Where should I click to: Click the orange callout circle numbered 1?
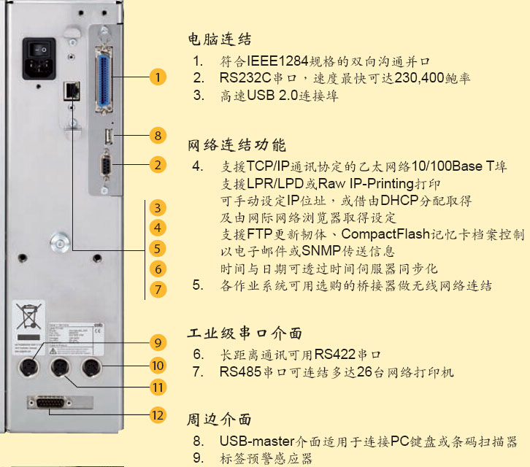pyautogui.click(x=158, y=76)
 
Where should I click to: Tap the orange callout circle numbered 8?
pyautogui.click(x=158, y=135)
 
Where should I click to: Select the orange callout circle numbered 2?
pyautogui.click(x=158, y=165)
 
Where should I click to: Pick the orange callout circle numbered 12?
pyautogui.click(x=158, y=415)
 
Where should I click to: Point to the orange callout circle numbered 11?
pyautogui.click(x=158, y=386)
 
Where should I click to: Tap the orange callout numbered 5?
pyautogui.click(x=157, y=248)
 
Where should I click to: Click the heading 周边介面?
pyautogui.click(x=219, y=420)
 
